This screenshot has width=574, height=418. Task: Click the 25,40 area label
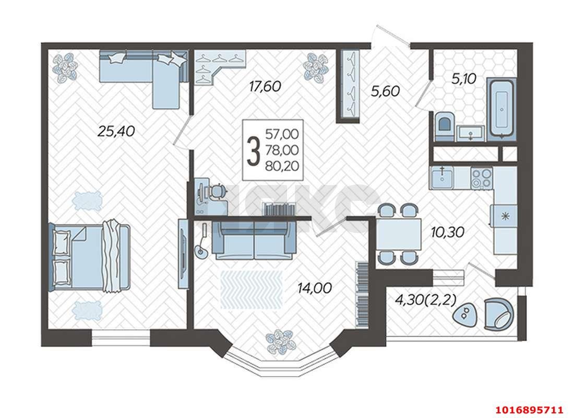(x=116, y=131)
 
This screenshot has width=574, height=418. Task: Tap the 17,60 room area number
(x=265, y=86)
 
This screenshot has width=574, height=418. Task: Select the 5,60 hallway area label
(x=385, y=91)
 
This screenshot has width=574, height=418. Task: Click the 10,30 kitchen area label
(x=447, y=232)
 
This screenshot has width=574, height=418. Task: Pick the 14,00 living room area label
(x=315, y=288)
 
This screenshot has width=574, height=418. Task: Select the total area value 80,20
(x=282, y=166)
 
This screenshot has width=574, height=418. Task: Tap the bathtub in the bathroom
(x=501, y=109)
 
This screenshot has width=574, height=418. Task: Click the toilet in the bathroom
(x=445, y=126)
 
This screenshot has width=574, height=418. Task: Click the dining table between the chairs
(x=399, y=234)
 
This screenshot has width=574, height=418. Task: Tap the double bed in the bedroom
(x=90, y=255)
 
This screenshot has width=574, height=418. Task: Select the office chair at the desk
(x=218, y=191)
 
